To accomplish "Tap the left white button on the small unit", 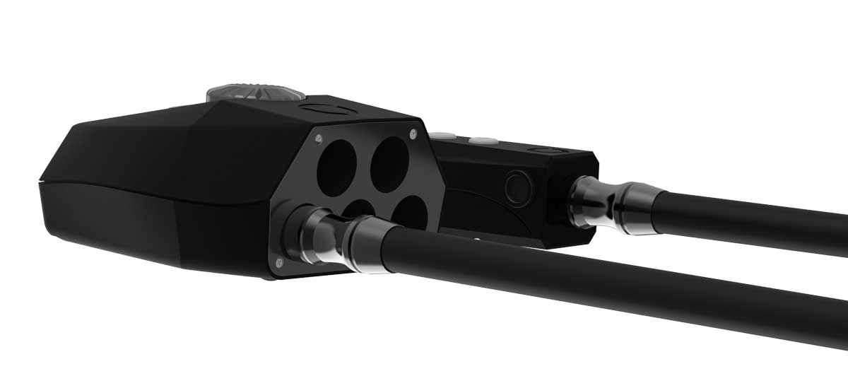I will click(x=444, y=136).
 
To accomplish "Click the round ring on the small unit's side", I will click(x=518, y=187).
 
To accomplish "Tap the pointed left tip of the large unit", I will click(x=39, y=184).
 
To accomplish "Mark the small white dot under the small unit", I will click(x=478, y=240).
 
